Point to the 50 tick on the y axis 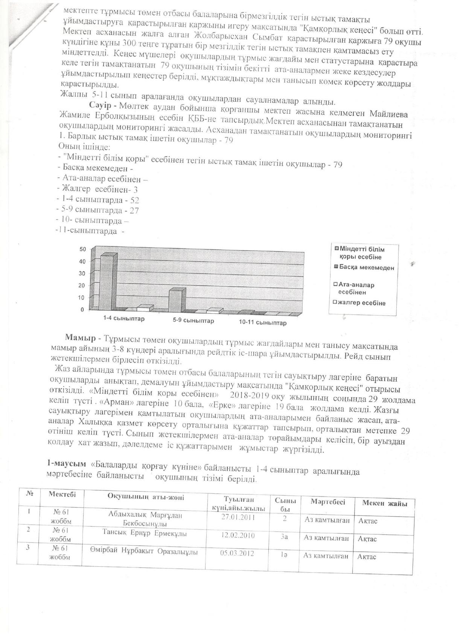pos(82,249)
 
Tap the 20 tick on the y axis pos(82,286)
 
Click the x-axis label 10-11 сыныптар pos(263,323)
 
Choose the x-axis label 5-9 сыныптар pos(193,321)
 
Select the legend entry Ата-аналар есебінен pos(356,288)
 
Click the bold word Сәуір pos(99,104)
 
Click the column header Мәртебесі pos(327,502)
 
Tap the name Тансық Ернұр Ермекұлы pos(145,534)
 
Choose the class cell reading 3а pos(284,537)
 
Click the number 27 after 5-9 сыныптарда pos(134,210)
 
